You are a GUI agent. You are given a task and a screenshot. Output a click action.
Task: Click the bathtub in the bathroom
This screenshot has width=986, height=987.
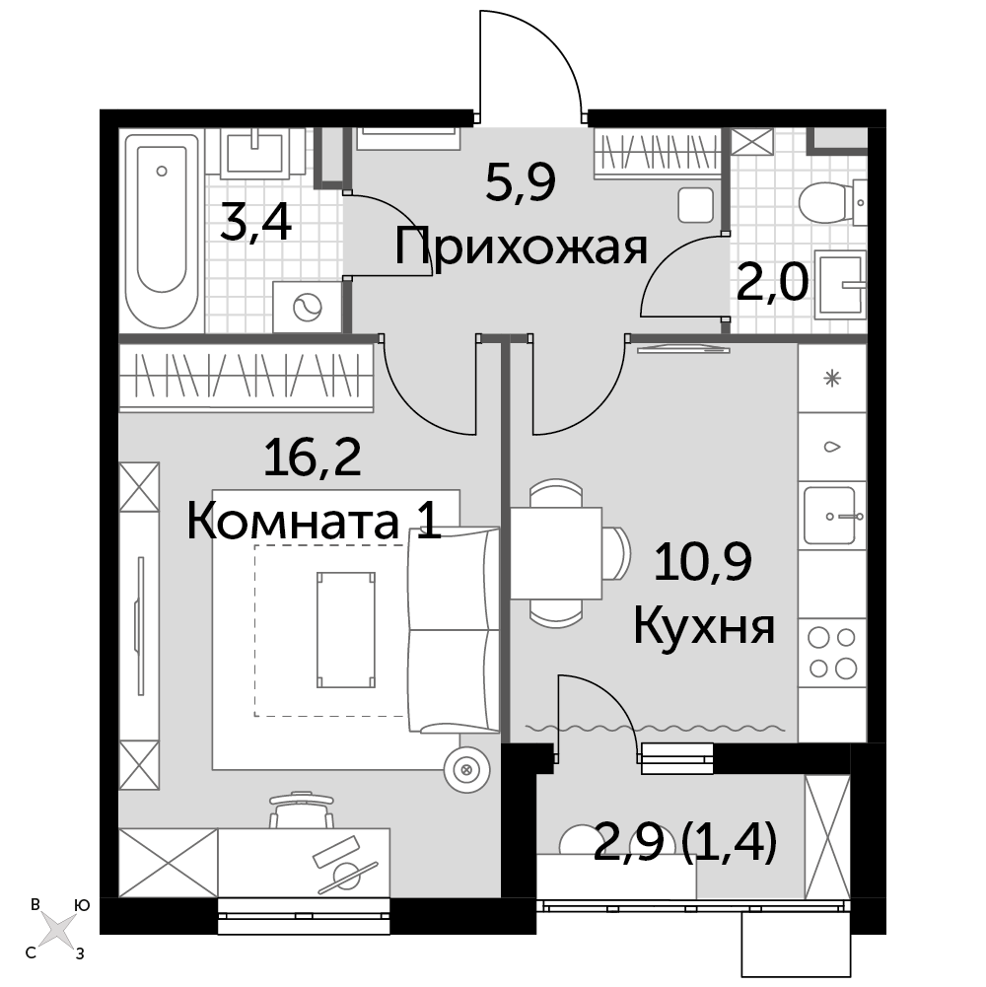163,230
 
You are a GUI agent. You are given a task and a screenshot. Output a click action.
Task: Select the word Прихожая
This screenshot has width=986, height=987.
521,247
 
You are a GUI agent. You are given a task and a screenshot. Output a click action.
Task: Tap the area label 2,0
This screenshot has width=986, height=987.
772,283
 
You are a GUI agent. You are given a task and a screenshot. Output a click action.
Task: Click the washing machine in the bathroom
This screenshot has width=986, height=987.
308,307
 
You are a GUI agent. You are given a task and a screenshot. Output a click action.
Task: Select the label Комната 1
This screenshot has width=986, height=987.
314,522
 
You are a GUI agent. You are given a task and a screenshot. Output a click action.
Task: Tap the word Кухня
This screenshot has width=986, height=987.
703,627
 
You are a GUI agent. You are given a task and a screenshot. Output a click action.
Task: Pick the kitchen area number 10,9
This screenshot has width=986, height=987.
703,561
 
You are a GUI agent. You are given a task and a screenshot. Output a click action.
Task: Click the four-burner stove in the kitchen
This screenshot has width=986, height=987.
832,652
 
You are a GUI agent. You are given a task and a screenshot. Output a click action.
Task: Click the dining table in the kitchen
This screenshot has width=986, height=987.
555,553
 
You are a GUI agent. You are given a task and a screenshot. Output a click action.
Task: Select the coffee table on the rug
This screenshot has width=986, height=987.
346,629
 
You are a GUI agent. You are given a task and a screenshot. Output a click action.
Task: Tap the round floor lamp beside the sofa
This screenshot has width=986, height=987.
466,769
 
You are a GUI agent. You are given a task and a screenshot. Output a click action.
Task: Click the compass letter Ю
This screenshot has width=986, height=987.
81,905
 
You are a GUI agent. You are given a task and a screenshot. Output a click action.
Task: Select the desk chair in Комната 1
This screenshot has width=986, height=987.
302,810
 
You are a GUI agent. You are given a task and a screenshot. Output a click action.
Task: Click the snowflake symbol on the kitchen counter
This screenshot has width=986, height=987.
832,379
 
